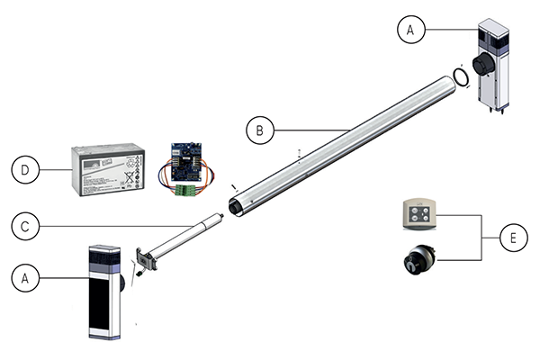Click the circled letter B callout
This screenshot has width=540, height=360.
259,130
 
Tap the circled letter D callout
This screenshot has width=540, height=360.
26,168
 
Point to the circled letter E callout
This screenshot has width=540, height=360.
511,238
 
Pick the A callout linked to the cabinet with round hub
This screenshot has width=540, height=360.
409,30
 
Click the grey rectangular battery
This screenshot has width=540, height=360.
105,171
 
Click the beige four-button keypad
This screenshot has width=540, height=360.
416,215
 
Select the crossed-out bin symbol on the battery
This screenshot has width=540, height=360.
131,177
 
